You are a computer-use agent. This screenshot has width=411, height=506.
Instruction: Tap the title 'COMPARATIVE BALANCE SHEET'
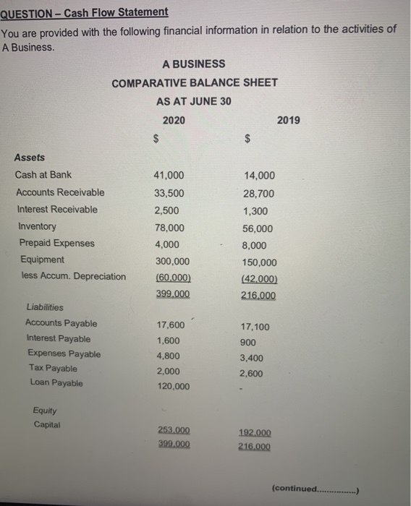pos(195,82)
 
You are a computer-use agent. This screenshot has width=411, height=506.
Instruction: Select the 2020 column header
pos(174,120)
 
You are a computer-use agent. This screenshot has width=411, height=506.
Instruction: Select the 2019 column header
pos(288,120)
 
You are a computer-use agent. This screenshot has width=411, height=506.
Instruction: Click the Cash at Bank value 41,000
pos(169,175)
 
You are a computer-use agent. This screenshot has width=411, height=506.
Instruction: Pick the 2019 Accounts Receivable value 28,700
pos(259,192)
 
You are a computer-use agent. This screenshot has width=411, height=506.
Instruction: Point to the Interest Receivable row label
pos(56,209)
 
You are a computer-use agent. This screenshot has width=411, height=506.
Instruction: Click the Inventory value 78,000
pos(169,226)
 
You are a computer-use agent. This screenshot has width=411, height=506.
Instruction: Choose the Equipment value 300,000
pos(172,262)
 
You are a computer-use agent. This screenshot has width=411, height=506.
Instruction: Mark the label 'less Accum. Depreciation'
pos(70,276)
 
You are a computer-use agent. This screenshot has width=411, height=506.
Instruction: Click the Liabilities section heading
pos(45,307)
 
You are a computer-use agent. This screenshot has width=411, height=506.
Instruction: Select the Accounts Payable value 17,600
pos(170,325)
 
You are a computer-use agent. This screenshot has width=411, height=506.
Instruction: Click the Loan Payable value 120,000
pos(172,387)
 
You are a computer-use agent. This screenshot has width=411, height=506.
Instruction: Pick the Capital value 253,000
pos(174,428)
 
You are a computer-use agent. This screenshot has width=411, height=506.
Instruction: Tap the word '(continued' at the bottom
pos(295,489)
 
